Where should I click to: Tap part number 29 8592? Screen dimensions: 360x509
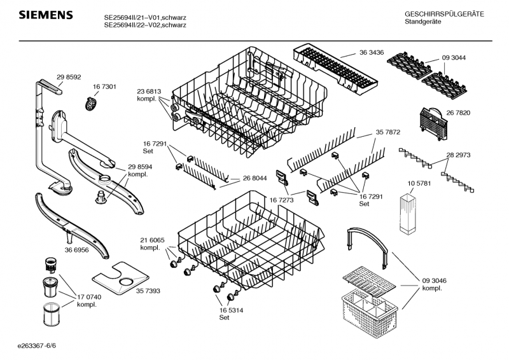[x=69, y=77]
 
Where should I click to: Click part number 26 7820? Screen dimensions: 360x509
[x=458, y=113]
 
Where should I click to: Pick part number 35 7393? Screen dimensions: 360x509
[x=165, y=290]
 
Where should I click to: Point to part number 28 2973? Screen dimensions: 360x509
[x=458, y=155]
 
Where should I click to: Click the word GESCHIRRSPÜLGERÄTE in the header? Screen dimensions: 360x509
[x=443, y=14]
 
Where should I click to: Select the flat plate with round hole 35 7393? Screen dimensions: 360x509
[x=121, y=278]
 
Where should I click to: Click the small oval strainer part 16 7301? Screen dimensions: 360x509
[x=92, y=101]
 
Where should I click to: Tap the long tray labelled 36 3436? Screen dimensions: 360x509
[x=335, y=70]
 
